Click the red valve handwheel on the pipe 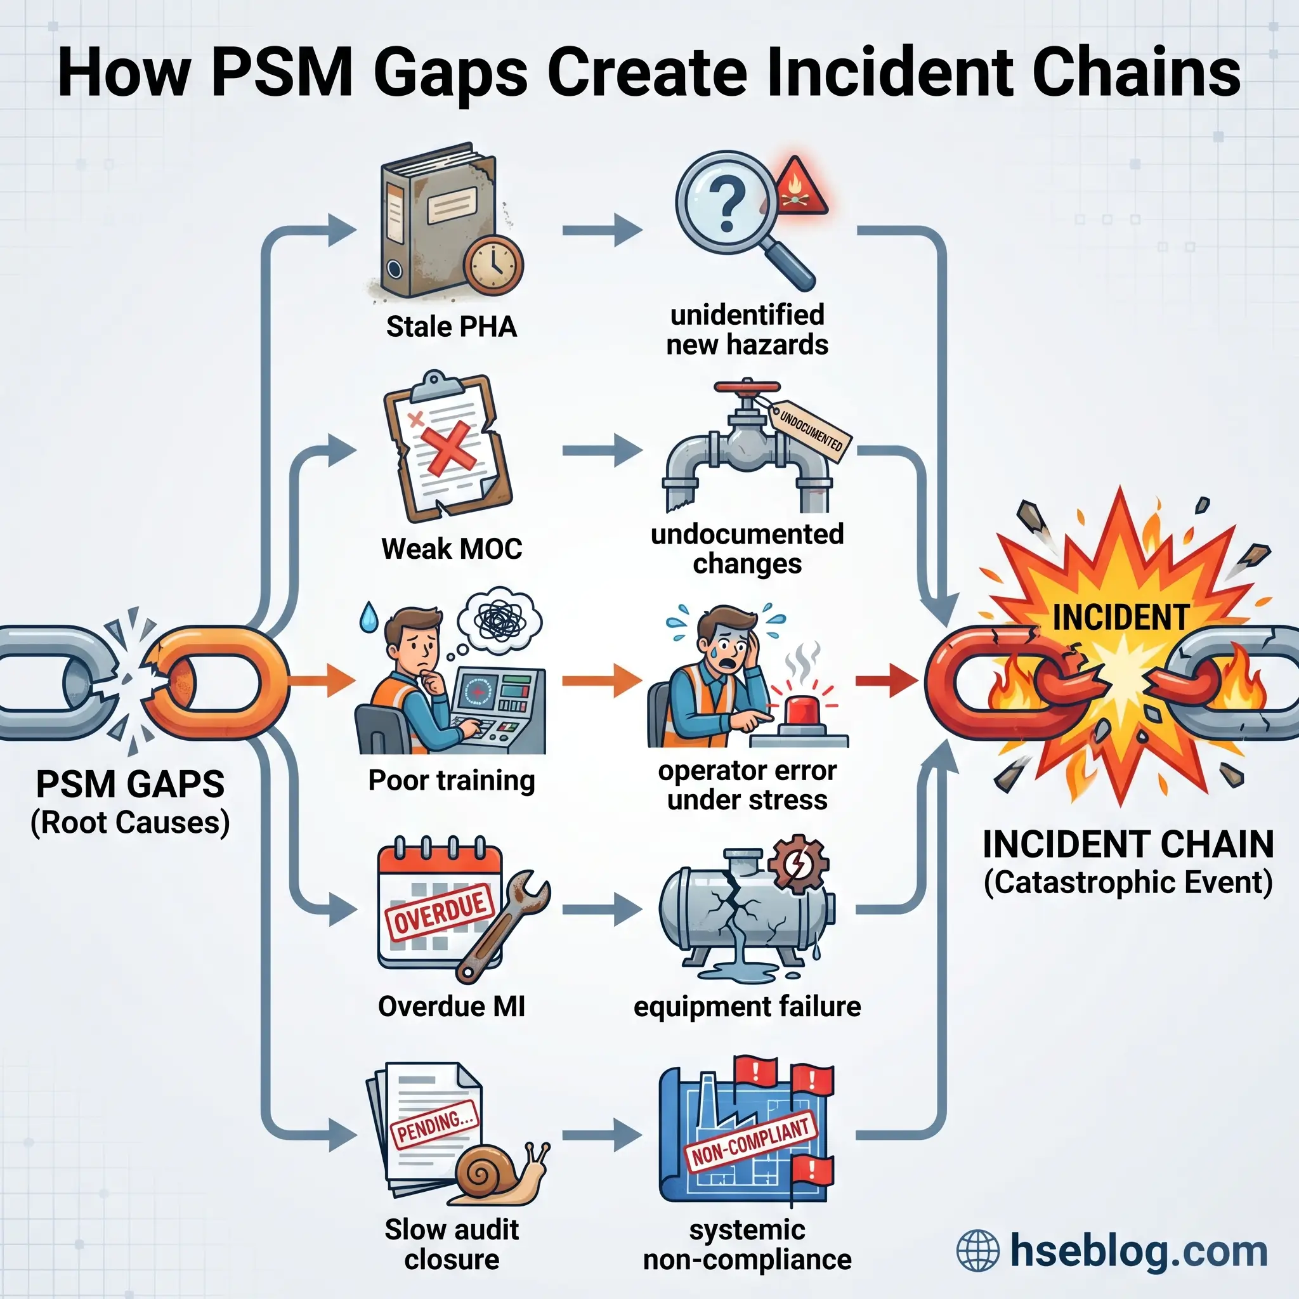747,388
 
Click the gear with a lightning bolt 798,863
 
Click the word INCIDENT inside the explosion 1120,617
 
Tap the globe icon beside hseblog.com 977,1251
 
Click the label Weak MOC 451,549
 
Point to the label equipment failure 747,1007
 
